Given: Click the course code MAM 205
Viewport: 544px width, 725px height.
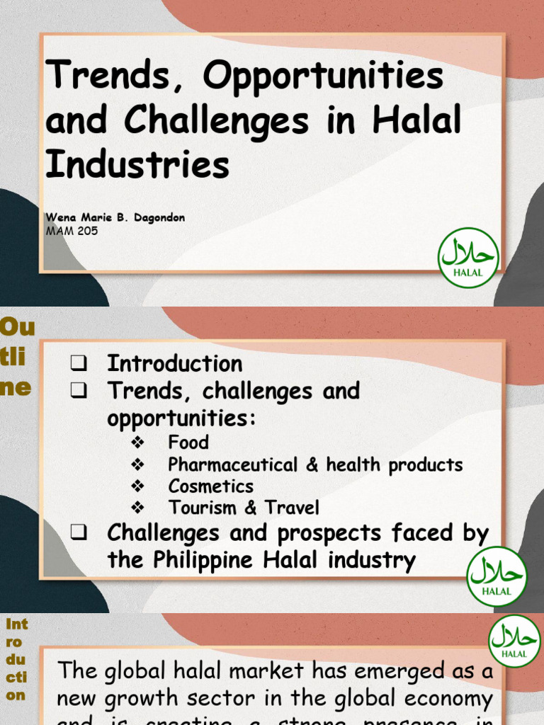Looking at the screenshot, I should [72, 231].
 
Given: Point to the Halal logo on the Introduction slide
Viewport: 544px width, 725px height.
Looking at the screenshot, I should [514, 641].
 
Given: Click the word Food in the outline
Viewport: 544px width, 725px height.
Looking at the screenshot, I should [188, 443].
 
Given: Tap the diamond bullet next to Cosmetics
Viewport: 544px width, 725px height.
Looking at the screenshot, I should [138, 486].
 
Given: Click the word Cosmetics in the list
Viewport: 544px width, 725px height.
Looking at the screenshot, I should [210, 486].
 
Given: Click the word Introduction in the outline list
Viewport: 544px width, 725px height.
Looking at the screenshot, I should [174, 364].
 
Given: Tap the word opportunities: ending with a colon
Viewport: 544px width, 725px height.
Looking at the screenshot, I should [181, 418].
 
